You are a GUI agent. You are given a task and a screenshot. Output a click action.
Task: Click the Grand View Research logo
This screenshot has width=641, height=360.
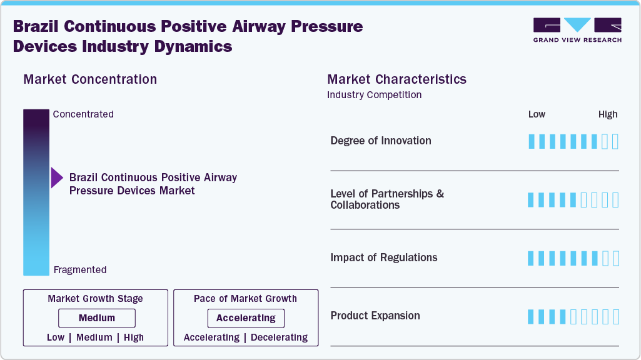[x=577, y=30]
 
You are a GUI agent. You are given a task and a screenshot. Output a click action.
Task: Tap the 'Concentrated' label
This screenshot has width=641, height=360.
[x=83, y=114]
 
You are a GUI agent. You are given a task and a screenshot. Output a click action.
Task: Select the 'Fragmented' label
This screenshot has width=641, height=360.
[x=80, y=270]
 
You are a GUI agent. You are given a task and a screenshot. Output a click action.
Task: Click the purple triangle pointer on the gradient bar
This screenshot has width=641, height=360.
[x=57, y=178]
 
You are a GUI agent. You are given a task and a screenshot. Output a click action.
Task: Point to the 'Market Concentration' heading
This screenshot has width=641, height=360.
[x=90, y=79]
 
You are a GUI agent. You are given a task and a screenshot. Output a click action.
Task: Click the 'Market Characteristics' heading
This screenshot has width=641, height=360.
[x=396, y=79]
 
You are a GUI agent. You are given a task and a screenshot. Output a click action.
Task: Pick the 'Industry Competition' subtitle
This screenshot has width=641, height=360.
[x=374, y=95]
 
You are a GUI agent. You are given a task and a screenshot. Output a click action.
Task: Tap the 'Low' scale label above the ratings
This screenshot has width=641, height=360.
[x=537, y=114]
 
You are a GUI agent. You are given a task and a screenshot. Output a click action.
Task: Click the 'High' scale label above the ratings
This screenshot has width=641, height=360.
[x=607, y=114]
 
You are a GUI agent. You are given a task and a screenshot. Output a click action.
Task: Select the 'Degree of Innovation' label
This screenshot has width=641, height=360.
[x=380, y=141]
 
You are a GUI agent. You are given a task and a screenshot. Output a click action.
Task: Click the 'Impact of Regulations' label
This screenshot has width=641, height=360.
[x=383, y=257]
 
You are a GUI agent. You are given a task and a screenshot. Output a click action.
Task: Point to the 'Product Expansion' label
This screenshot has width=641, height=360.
[x=375, y=316]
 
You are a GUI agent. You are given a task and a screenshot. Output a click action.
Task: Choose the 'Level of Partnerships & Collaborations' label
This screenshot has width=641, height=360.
[x=386, y=199]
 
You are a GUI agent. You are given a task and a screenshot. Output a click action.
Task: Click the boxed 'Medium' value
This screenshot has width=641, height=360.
[x=97, y=318]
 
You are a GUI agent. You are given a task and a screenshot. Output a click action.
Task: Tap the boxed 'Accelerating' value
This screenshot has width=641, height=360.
[x=246, y=318]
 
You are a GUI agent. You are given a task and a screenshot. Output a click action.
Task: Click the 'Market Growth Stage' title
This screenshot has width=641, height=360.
[x=95, y=299]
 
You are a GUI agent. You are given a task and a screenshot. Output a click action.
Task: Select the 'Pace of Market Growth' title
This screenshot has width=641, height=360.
[x=245, y=299]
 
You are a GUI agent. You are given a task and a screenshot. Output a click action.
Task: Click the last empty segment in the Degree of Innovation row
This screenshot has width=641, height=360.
[x=615, y=141]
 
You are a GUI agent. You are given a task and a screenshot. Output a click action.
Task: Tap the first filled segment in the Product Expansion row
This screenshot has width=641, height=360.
[x=532, y=316]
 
